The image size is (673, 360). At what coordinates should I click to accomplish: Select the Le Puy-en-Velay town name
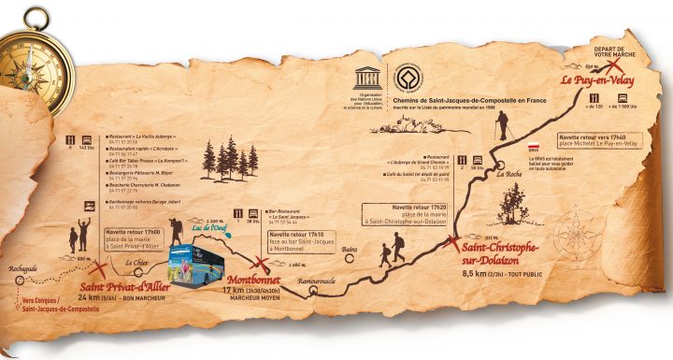(597, 81)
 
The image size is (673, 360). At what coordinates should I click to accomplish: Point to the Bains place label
(350, 250)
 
